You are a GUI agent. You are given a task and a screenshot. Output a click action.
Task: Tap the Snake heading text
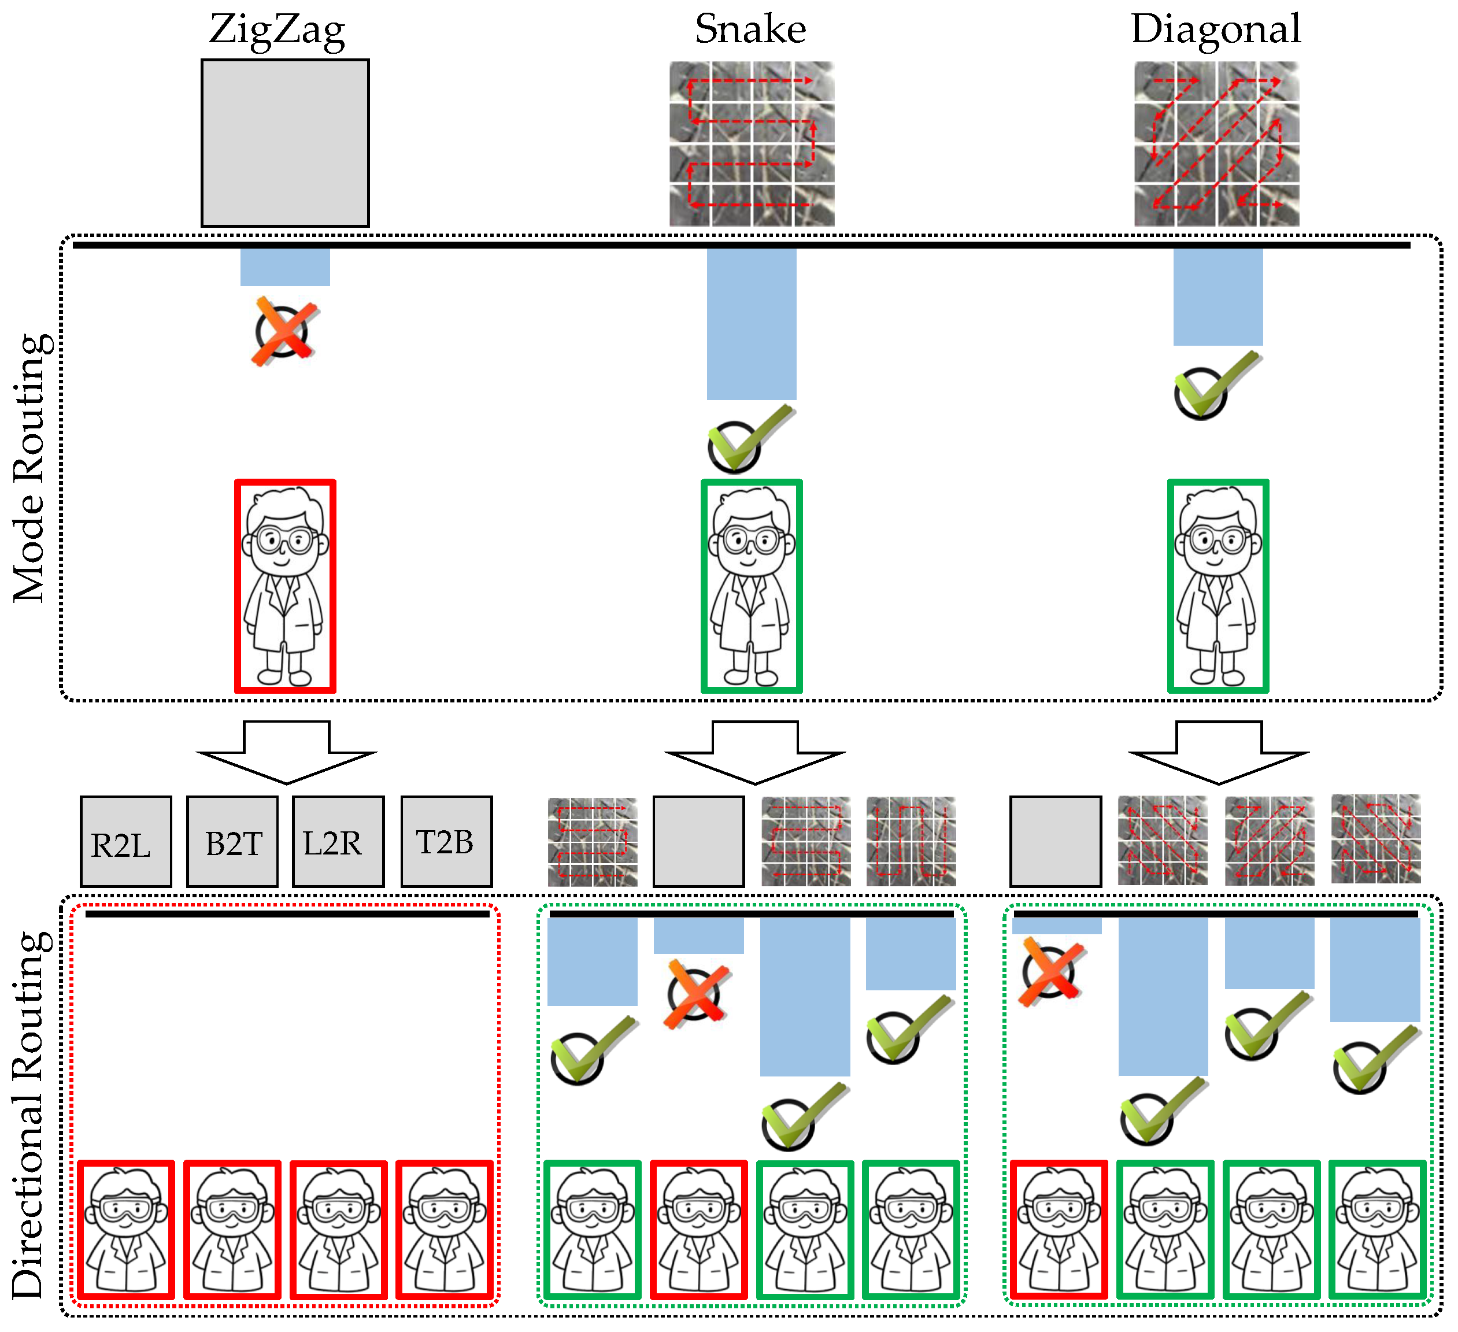pyautogui.click(x=751, y=29)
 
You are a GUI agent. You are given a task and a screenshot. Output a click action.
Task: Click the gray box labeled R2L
pyautogui.click(x=126, y=842)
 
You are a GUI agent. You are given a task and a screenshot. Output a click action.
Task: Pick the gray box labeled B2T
pyautogui.click(x=232, y=842)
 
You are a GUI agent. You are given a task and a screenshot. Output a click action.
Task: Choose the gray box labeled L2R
pyautogui.click(x=338, y=842)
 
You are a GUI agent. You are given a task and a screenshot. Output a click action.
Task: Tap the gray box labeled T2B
pyautogui.click(x=446, y=842)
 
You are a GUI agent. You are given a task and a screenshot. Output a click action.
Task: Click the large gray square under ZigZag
pyautogui.click(x=285, y=143)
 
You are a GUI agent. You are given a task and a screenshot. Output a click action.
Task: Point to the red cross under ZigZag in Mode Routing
pyautogui.click(x=285, y=332)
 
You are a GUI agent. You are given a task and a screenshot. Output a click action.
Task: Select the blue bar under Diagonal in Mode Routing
pyautogui.click(x=1218, y=297)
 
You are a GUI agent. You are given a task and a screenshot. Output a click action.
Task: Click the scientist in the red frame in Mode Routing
pyautogui.click(x=285, y=586)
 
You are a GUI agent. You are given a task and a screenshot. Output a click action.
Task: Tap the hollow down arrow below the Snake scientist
pyautogui.click(x=755, y=752)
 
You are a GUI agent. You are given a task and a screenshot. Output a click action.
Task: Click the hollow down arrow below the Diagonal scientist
pyautogui.click(x=1219, y=752)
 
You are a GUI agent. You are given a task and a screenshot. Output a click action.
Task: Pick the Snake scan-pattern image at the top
pyautogui.click(x=752, y=143)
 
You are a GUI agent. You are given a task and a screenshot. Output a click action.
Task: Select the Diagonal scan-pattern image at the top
pyautogui.click(x=1216, y=143)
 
